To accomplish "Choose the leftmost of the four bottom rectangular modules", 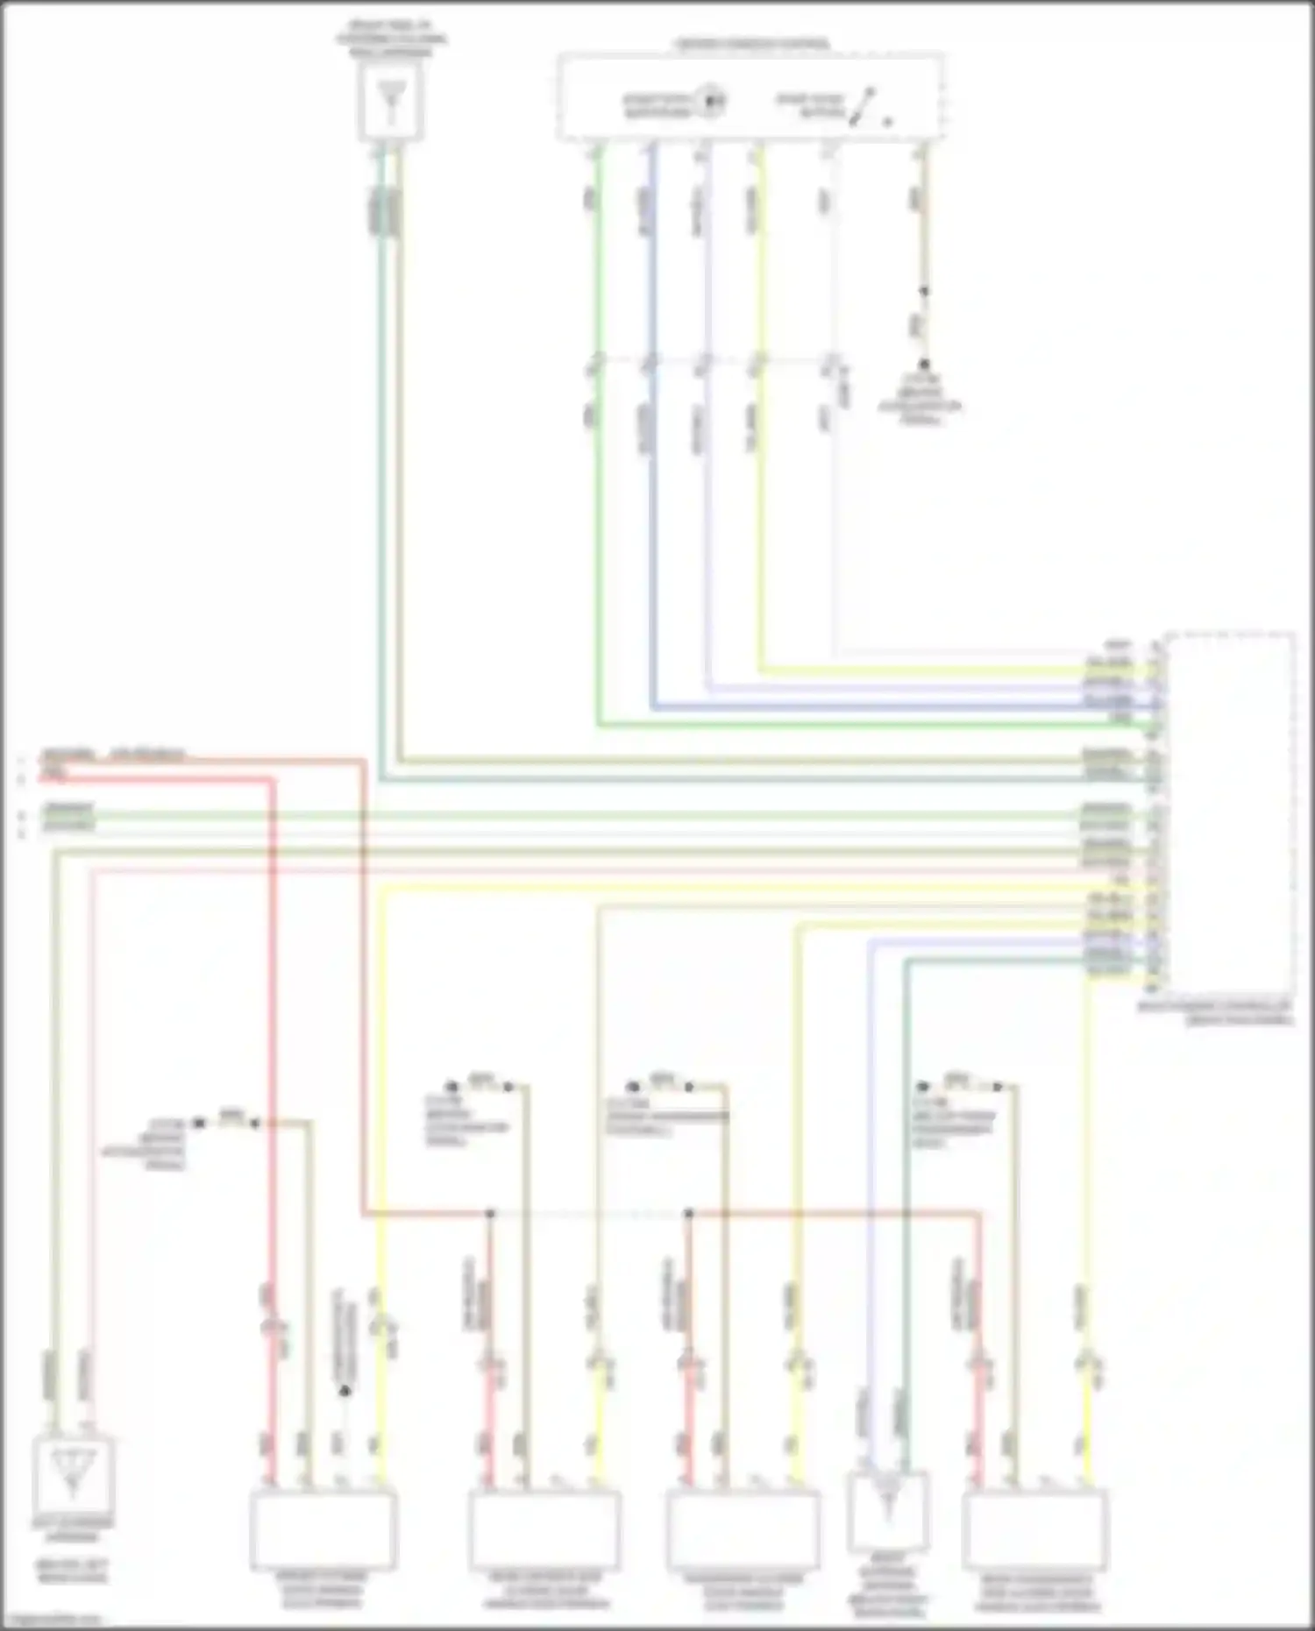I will click(323, 1529).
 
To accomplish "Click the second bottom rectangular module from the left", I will click(544, 1529).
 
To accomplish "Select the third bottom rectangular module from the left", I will click(743, 1529).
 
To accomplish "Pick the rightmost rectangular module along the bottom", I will click(1034, 1529).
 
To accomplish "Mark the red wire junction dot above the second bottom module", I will click(490, 1214).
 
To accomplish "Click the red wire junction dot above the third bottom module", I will click(689, 1214).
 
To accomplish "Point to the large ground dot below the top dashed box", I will click(923, 364).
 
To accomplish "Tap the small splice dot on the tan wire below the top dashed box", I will click(923, 291).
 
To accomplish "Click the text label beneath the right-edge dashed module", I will click(1215, 1013).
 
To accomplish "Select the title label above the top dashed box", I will click(750, 43).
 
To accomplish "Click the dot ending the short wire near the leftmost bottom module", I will click(345, 1391).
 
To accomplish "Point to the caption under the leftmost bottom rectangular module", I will click(322, 1590).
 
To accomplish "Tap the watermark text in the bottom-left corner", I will click(51, 1620).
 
